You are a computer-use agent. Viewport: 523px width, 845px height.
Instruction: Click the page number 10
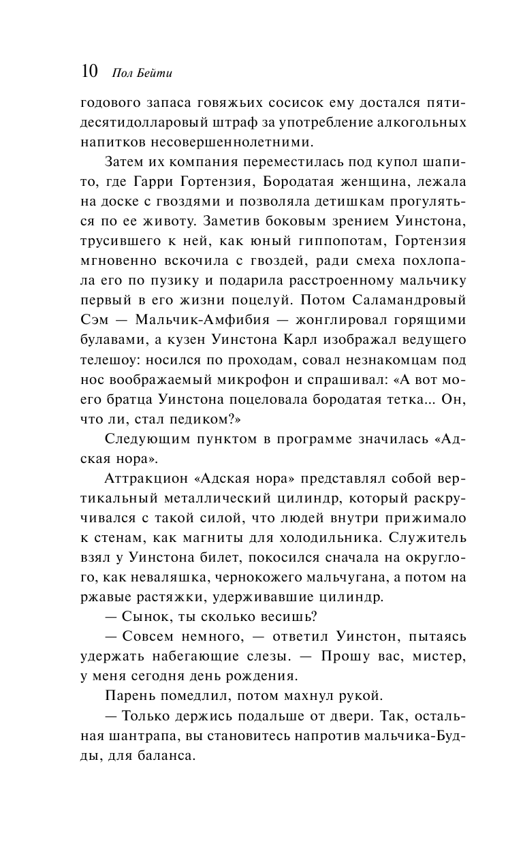coord(90,71)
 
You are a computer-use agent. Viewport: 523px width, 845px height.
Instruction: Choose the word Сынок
coord(144,616)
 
